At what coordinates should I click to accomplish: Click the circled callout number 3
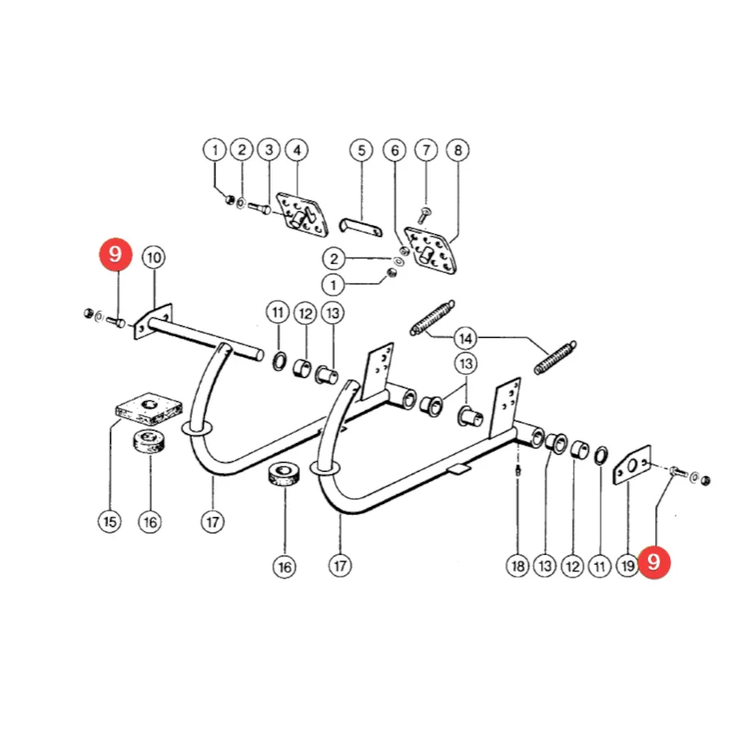[x=269, y=150]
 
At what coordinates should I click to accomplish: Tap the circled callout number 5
[x=361, y=150]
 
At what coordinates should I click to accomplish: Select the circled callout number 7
[x=426, y=150]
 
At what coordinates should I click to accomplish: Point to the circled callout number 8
[x=458, y=150]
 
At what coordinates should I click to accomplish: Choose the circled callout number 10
[x=154, y=257]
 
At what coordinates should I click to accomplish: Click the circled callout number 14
[x=465, y=339]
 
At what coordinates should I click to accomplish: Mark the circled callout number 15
[x=109, y=521]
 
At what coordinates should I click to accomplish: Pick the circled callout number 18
[x=518, y=566]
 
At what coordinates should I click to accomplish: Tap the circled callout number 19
[x=627, y=566]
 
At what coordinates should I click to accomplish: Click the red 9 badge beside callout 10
[x=116, y=254]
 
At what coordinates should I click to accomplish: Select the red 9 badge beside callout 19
[x=654, y=562]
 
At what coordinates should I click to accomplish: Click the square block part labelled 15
[x=149, y=408]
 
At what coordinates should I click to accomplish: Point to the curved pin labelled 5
[x=361, y=227]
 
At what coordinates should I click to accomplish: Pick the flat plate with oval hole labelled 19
[x=632, y=465]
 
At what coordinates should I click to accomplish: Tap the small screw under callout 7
[x=423, y=216]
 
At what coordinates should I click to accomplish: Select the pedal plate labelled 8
[x=430, y=250]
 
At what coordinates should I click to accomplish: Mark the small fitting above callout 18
[x=518, y=470]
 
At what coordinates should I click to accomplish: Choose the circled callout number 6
[x=395, y=150]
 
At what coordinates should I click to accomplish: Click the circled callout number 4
[x=297, y=150]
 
